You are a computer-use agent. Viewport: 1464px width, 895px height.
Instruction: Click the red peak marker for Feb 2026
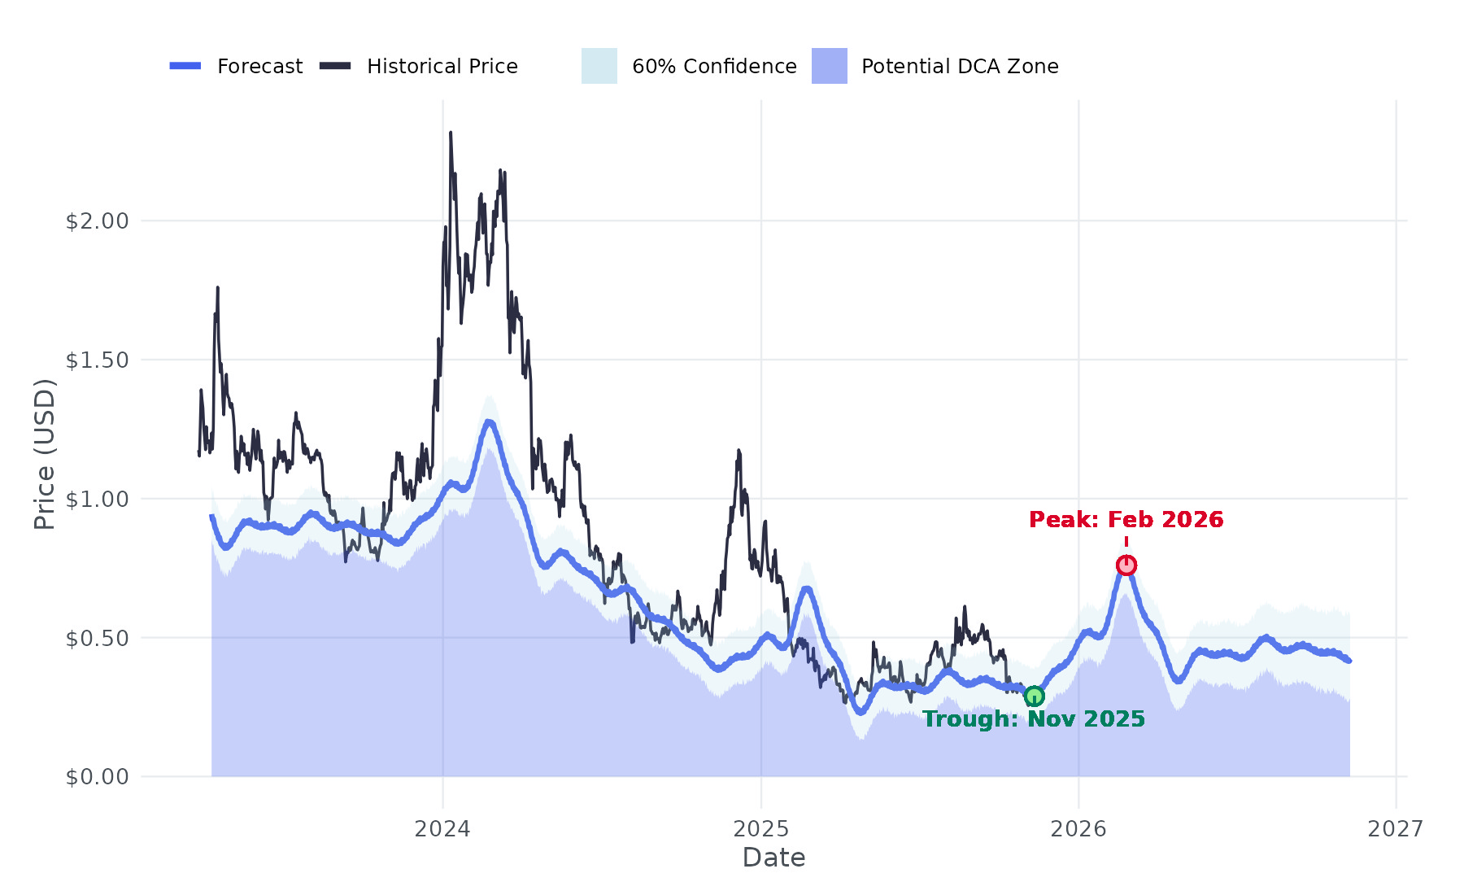(x=1126, y=565)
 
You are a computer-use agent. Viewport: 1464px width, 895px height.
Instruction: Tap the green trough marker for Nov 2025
(x=1034, y=696)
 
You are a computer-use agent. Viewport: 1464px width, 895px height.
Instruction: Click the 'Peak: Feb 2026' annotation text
(x=1126, y=519)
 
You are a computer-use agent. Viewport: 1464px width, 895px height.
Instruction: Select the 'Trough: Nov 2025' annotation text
(x=1034, y=719)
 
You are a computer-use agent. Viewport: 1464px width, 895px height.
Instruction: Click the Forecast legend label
(x=259, y=66)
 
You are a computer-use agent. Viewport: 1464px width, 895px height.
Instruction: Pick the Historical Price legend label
(x=442, y=66)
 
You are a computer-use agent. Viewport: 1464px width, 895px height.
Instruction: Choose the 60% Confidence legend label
(x=714, y=66)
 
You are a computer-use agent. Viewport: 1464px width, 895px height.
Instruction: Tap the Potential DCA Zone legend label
(x=960, y=66)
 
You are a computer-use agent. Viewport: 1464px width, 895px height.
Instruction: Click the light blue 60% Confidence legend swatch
(x=599, y=66)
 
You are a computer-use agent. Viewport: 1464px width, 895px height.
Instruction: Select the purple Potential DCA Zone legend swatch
(x=829, y=66)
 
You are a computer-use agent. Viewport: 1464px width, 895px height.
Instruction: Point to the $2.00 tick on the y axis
(x=98, y=221)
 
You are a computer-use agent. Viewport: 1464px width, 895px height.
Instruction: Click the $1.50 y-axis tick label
(x=98, y=360)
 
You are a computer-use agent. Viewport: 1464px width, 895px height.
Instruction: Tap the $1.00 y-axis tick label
(x=98, y=500)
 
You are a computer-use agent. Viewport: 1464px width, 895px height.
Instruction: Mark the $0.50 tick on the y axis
(x=98, y=639)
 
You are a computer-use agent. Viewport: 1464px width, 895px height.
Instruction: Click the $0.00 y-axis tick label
(x=98, y=777)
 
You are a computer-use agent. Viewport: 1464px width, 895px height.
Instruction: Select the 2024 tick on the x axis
(x=442, y=828)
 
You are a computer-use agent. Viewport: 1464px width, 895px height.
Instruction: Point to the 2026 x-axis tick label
(x=1078, y=828)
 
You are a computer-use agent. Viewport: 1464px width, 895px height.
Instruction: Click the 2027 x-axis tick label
(x=1396, y=828)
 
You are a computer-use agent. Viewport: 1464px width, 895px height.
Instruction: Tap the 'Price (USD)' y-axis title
(x=45, y=454)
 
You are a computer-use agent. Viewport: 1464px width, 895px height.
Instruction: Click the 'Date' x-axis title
(x=773, y=858)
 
